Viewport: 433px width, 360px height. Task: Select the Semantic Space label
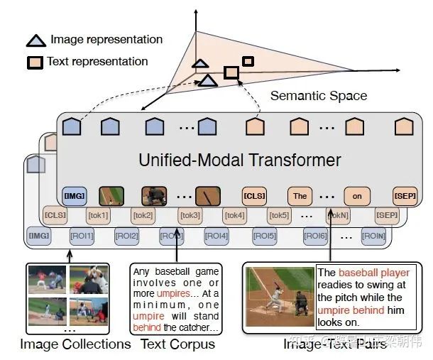click(319, 95)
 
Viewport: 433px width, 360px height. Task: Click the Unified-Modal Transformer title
click(240, 160)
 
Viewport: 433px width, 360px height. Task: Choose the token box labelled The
click(300, 195)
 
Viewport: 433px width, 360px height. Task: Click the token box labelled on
click(356, 195)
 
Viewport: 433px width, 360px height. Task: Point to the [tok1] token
click(98, 215)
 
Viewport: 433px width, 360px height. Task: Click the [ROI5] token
click(264, 235)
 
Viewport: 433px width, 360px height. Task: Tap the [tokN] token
click(338, 215)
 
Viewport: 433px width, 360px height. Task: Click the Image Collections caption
click(75, 344)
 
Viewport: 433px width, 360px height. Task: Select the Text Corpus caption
click(177, 344)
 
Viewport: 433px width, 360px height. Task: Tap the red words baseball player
click(374, 273)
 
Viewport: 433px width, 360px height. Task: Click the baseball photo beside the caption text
click(279, 296)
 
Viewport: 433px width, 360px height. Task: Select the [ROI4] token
click(217, 235)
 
